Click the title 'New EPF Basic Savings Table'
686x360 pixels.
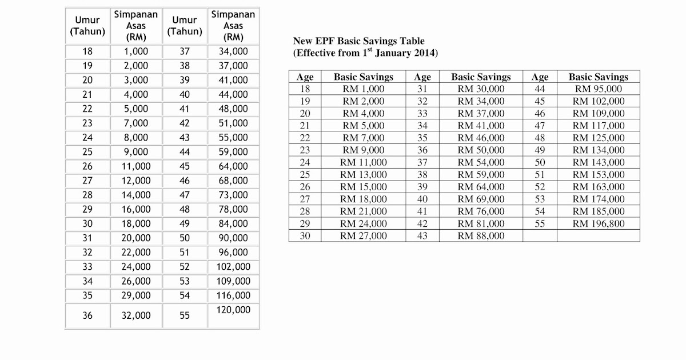pos(359,41)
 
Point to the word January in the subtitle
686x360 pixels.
pos(394,53)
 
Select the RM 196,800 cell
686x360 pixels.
pos(599,223)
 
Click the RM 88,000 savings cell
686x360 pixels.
pos(481,235)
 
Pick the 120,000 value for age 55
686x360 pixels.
pos(234,310)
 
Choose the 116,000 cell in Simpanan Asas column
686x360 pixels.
pos(234,295)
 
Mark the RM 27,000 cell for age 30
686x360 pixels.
pos(364,235)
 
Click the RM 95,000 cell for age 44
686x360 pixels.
pos(599,89)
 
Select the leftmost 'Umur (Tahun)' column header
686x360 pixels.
pos(87,26)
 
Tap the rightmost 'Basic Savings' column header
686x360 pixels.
pos(598,77)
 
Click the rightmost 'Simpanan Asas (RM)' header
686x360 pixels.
pos(233,26)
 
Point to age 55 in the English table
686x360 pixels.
pos(540,223)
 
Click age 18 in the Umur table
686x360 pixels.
pos(87,51)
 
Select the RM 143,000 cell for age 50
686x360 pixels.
pos(599,162)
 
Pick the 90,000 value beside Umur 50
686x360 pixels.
pos(234,238)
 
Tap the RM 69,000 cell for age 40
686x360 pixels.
pos(481,199)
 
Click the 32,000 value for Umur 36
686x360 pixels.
pos(137,315)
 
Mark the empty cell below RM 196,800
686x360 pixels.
pos(599,235)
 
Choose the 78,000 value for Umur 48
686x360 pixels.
pos(234,209)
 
